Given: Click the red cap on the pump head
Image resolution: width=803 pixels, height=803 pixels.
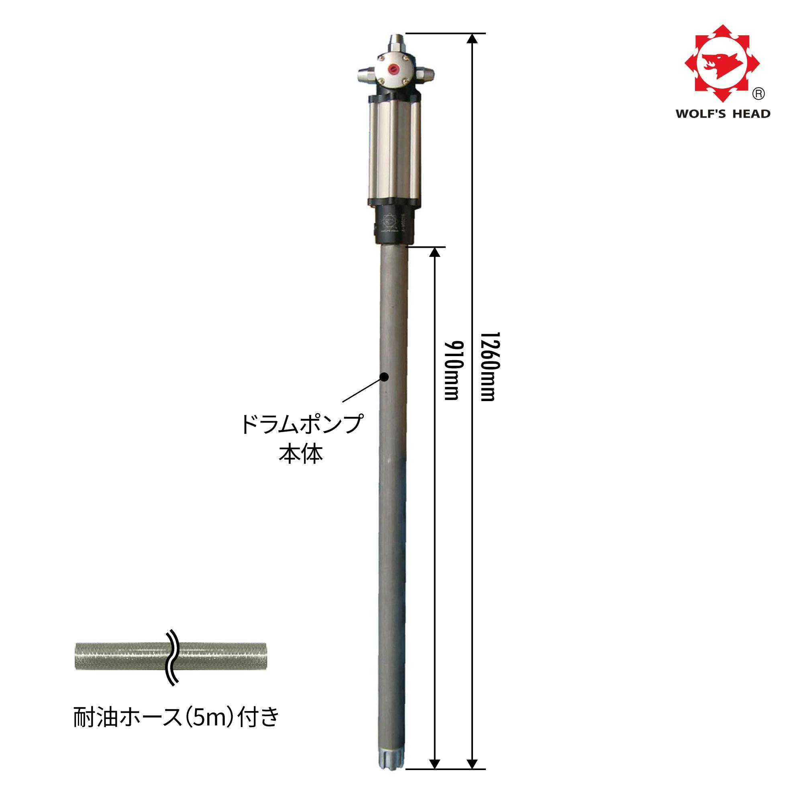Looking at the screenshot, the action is (392, 68).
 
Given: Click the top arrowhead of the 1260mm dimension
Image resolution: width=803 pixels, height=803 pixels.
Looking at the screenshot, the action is (472, 39).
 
